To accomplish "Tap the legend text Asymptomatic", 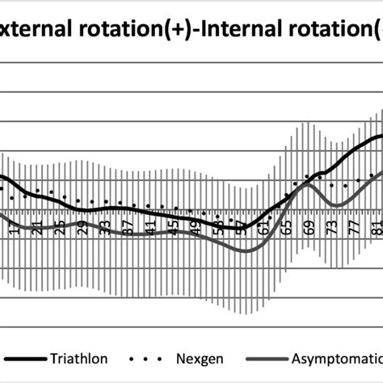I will (x=339, y=356).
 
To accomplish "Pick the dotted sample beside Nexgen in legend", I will (x=144, y=356).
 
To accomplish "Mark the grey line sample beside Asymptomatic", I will (x=267, y=356).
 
